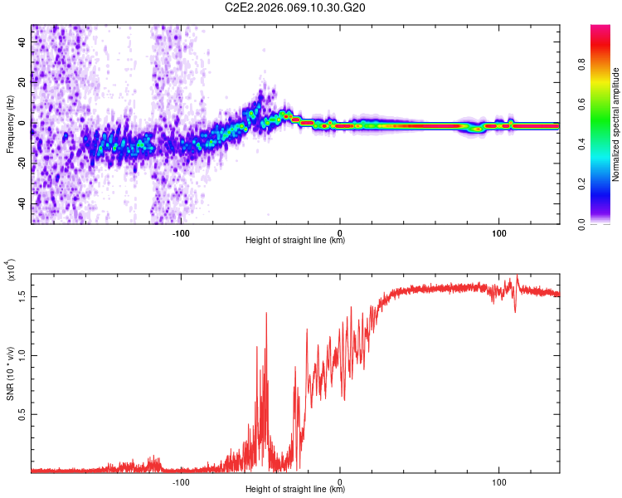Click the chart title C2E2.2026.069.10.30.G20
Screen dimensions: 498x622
pos(296,7)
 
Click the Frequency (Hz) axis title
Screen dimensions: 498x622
pos(9,124)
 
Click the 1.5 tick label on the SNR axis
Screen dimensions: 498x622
pos(22,295)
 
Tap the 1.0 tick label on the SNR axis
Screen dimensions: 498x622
pos(22,354)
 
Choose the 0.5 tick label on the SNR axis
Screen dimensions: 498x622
pos(22,414)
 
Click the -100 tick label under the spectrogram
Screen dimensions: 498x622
pos(182,231)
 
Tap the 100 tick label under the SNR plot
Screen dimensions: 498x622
pos(498,481)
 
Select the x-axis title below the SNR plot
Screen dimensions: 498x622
pos(295,490)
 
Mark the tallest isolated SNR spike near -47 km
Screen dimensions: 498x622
pos(266,314)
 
